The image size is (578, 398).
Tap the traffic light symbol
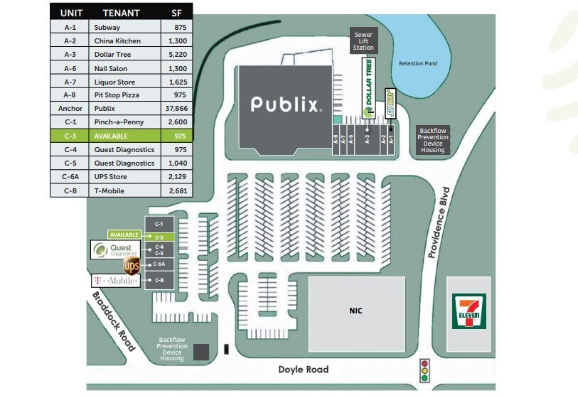pyautogui.click(x=426, y=370)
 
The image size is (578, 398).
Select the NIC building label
pyautogui.click(x=355, y=311)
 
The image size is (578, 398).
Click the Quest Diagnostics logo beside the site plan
pyautogui.click(x=117, y=249)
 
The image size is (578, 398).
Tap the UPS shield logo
pyautogui.click(x=132, y=267)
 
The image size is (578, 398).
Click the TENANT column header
pyautogui.click(x=121, y=13)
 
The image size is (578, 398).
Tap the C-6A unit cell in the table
pyautogui.click(x=70, y=177)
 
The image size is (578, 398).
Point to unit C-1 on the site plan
pyautogui.click(x=159, y=225)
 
